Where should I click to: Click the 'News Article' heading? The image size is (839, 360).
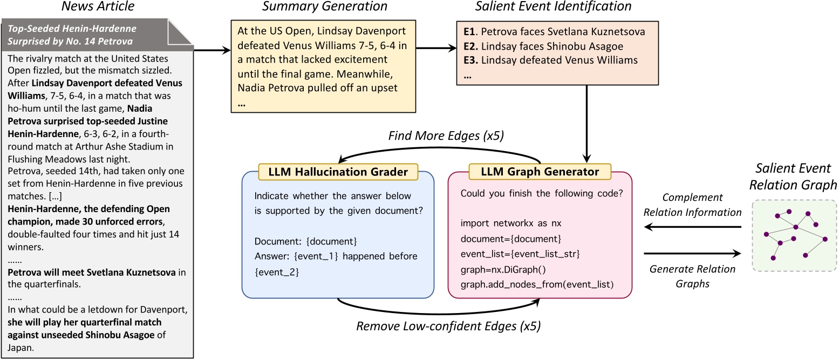(97, 7)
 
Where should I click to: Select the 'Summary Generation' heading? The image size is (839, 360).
(325, 7)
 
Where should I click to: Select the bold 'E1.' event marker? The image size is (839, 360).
(469, 32)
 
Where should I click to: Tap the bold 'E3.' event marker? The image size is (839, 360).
(469, 60)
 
